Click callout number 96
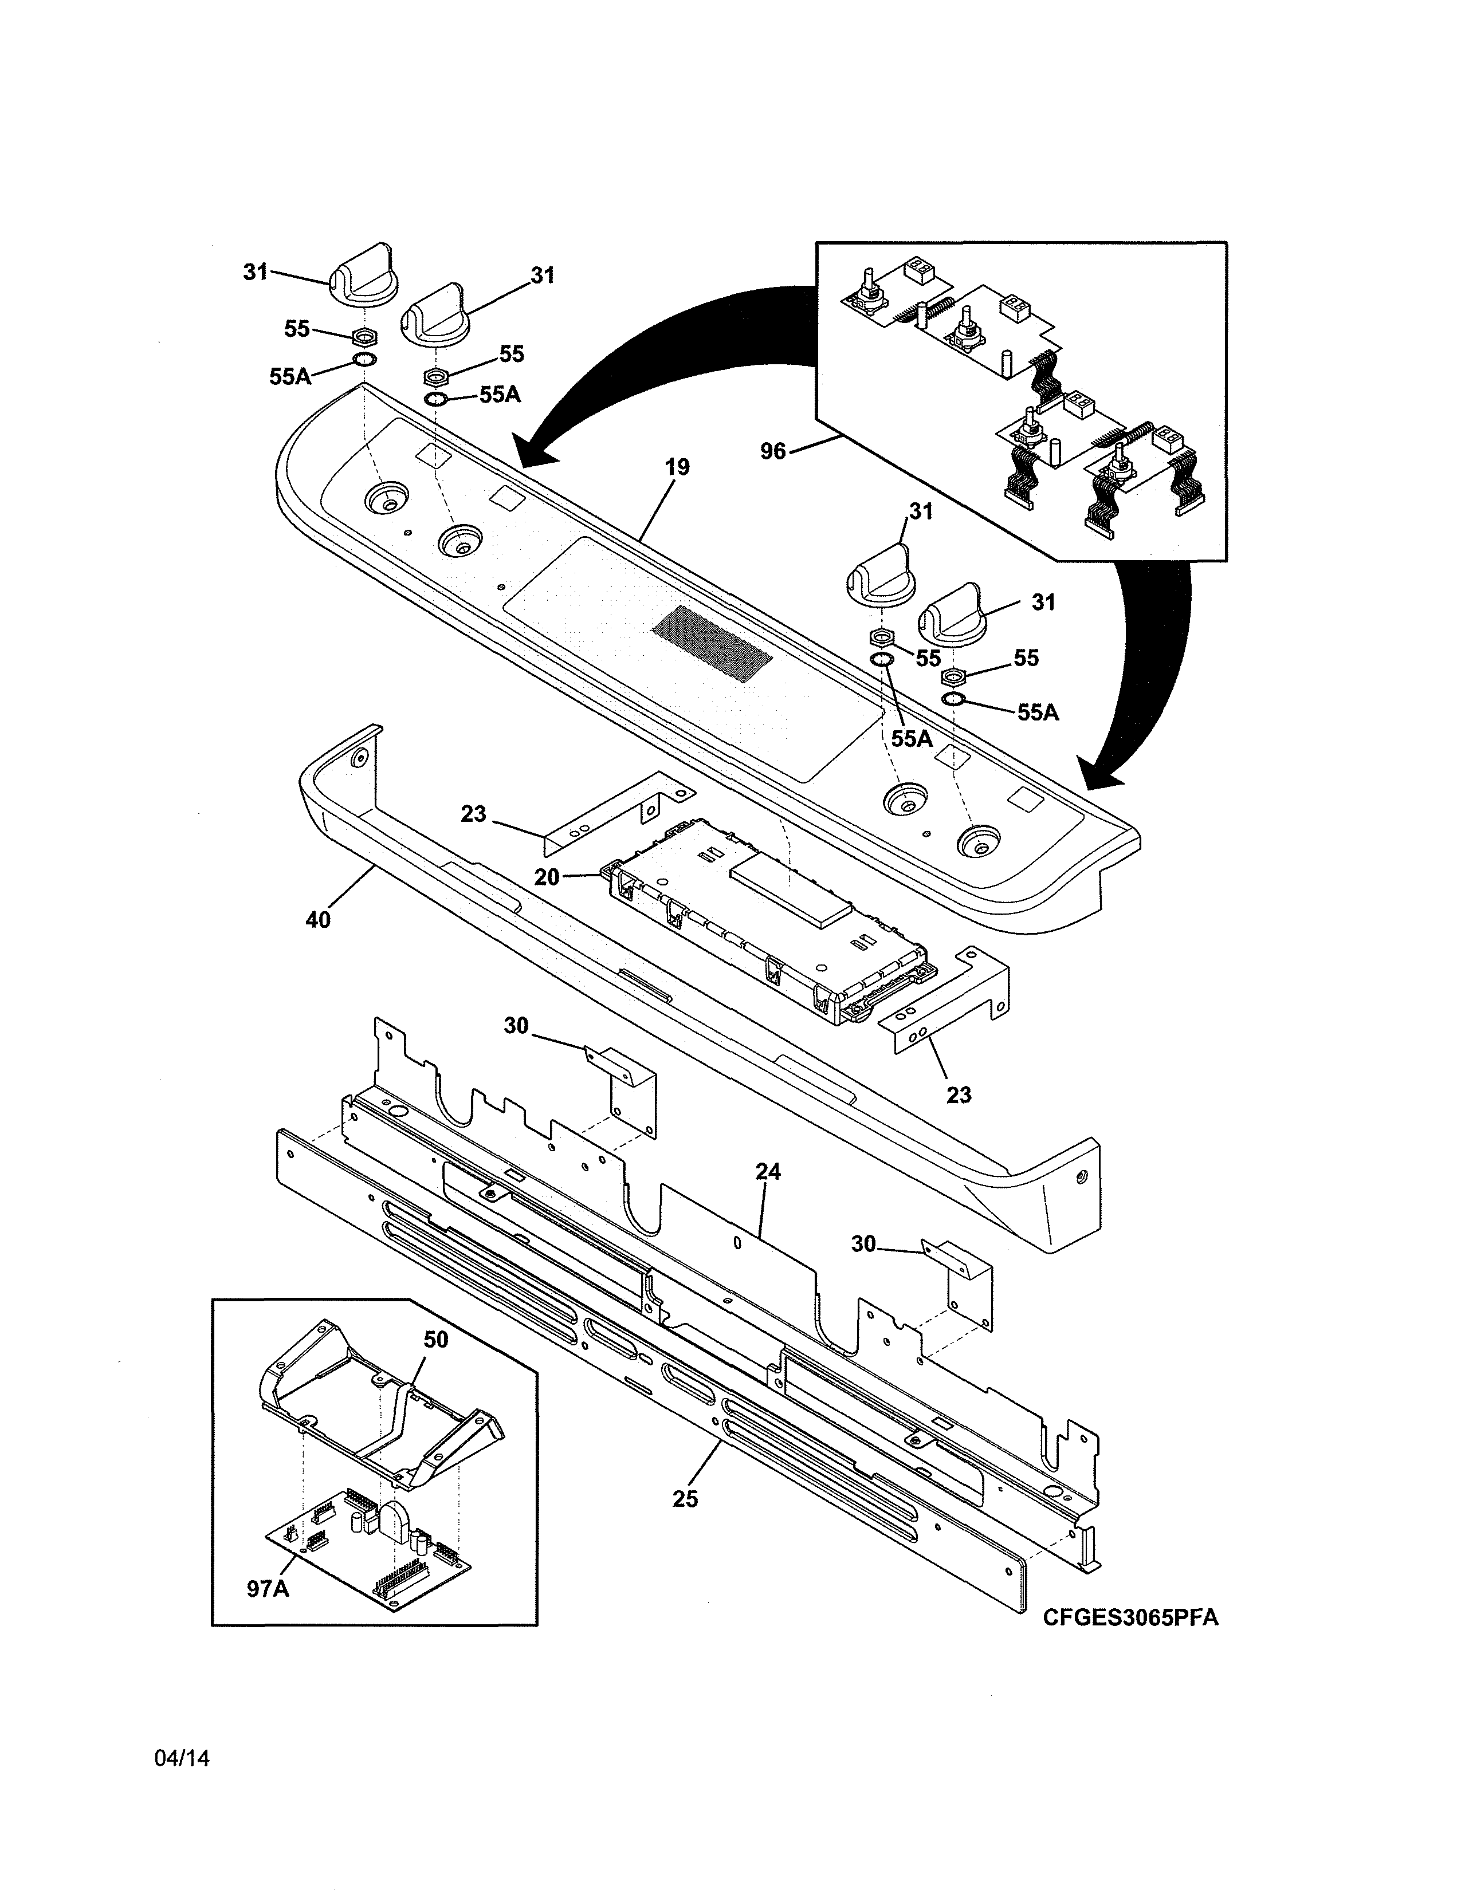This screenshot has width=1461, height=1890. (x=772, y=451)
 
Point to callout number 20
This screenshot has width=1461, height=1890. (x=546, y=877)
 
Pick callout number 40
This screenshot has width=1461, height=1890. (x=317, y=920)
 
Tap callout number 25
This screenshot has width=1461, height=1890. (x=685, y=1499)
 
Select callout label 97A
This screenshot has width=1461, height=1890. (x=268, y=1589)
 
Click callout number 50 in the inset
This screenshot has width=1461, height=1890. (x=435, y=1340)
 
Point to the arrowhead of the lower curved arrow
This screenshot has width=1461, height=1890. (x=1103, y=773)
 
